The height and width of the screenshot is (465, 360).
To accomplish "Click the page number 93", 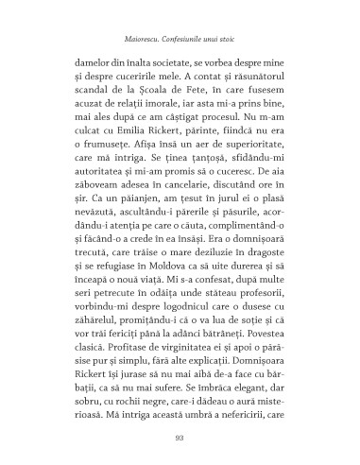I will point(180,435).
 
